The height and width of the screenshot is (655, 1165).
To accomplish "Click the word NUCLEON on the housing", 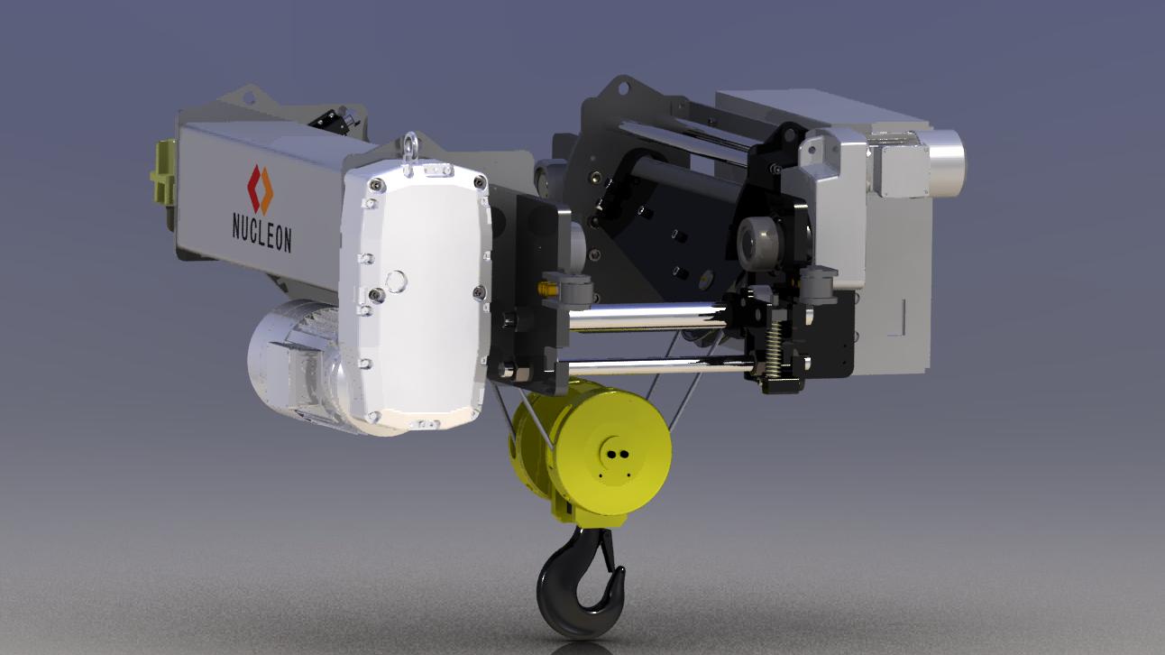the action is [261, 233].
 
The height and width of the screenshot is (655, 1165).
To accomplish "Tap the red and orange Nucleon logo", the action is [260, 189].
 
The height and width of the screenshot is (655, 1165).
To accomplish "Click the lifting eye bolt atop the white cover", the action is [411, 144].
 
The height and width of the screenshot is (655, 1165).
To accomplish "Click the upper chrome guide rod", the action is [647, 316].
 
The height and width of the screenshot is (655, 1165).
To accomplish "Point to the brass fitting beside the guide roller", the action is [546, 288].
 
